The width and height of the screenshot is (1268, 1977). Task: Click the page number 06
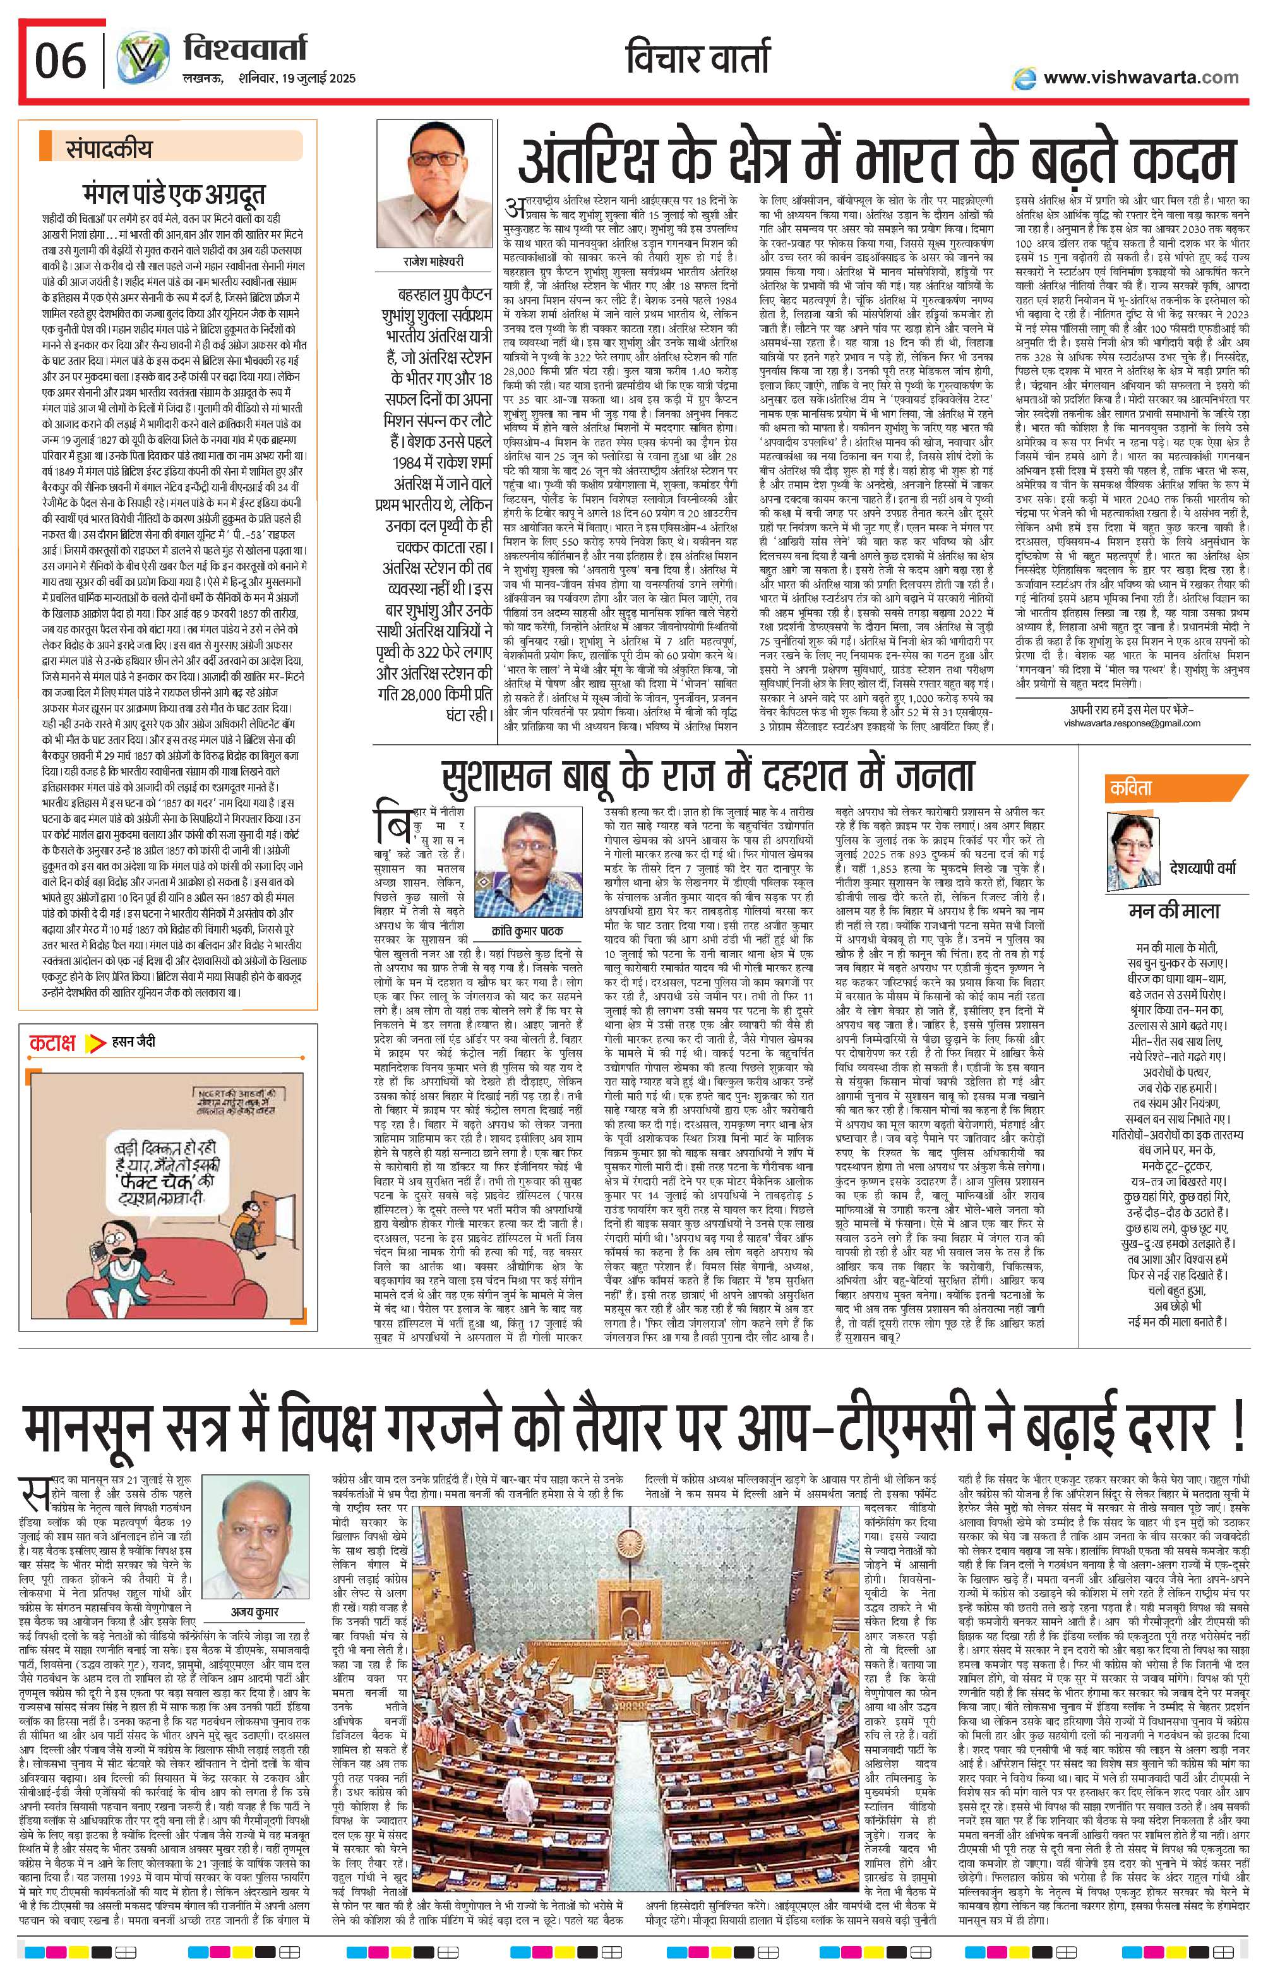click(60, 60)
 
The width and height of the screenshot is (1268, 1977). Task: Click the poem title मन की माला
click(1173, 910)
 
